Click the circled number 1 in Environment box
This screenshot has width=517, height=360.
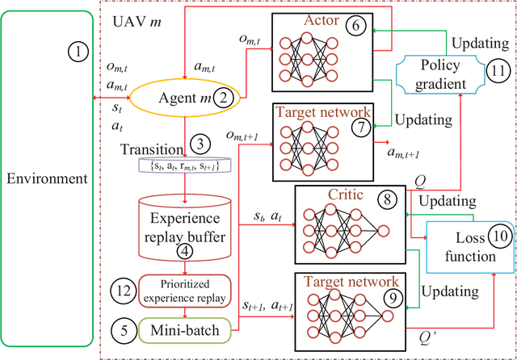[x=78, y=53]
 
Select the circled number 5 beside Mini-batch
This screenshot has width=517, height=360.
[x=122, y=329]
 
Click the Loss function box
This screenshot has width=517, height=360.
[x=473, y=249]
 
